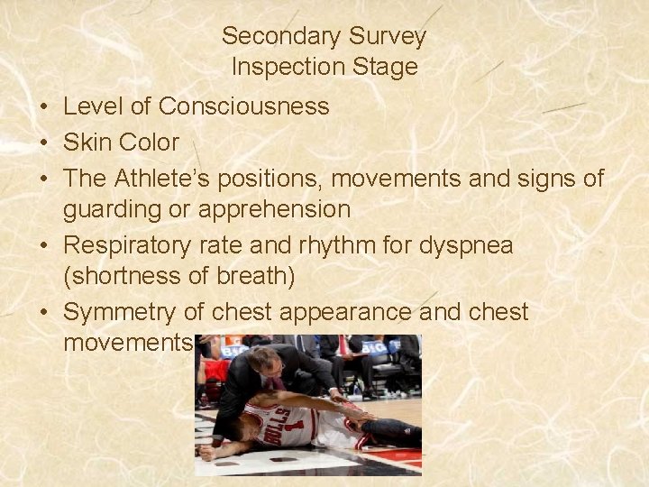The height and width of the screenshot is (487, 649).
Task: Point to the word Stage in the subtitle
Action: (x=388, y=67)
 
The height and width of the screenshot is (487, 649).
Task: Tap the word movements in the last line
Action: (x=127, y=344)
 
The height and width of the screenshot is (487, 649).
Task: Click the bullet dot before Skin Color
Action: (x=43, y=142)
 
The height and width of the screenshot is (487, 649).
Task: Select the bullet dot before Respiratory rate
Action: (x=43, y=245)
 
